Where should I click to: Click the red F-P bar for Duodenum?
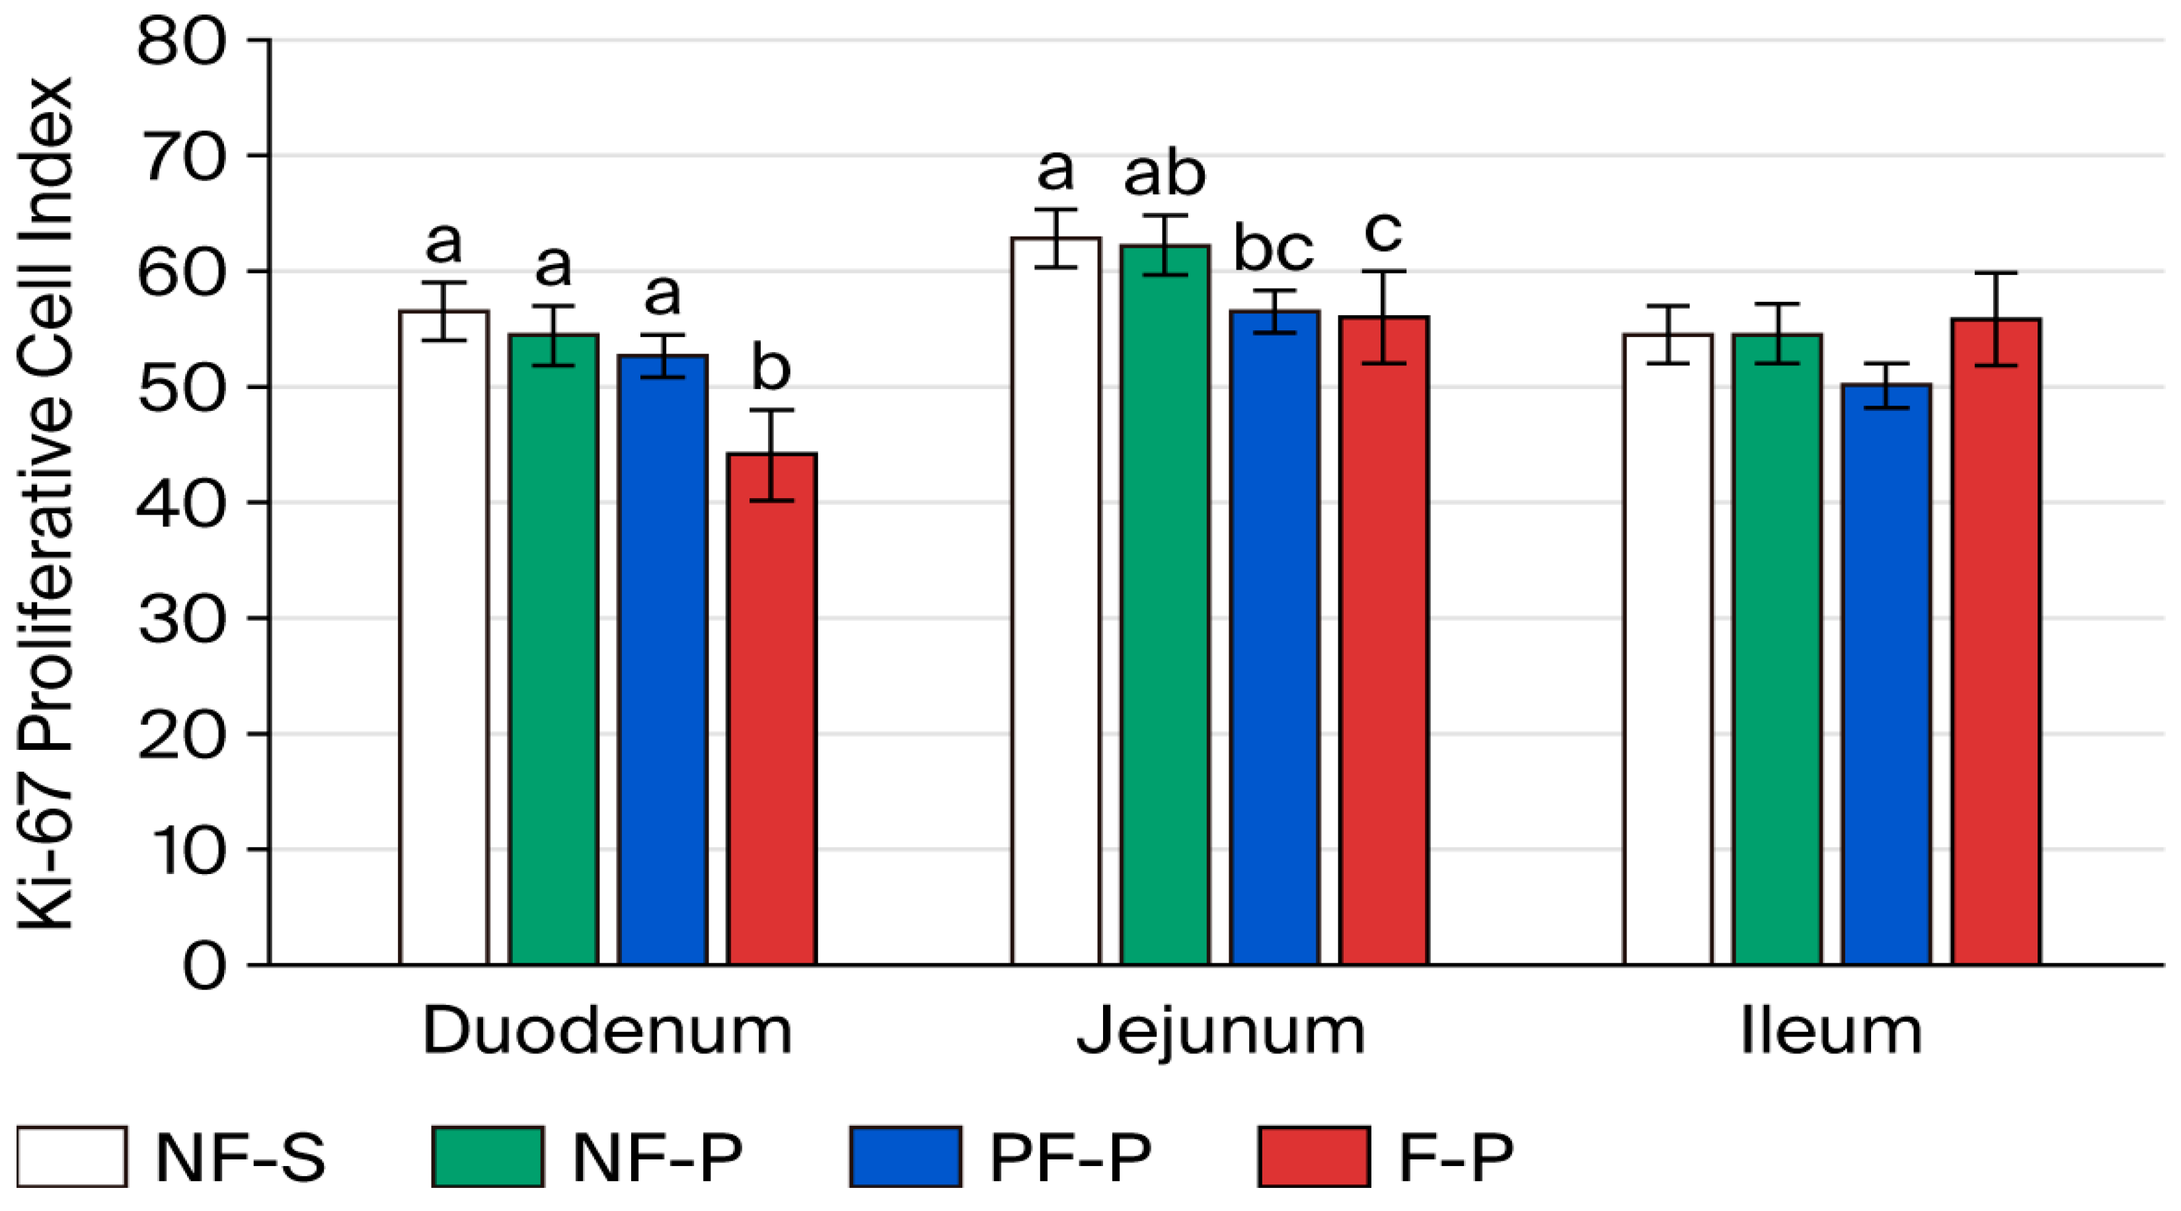pyautogui.click(x=772, y=709)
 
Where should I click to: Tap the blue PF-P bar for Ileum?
pyautogui.click(x=1886, y=675)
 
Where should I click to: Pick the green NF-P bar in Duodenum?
pyautogui.click(x=554, y=650)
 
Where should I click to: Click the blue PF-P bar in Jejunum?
pyautogui.click(x=1274, y=638)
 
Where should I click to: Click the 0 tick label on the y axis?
pyautogui.click(x=204, y=967)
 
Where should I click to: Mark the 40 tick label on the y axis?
pyautogui.click(x=181, y=503)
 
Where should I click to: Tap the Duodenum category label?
pyautogui.click(x=607, y=1031)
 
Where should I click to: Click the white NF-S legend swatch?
pyautogui.click(x=72, y=1156)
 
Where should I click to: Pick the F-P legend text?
pyautogui.click(x=1455, y=1156)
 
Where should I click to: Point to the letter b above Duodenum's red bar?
pyautogui.click(x=771, y=367)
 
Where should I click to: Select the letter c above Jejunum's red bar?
pyautogui.click(x=1383, y=232)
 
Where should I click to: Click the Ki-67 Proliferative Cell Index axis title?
pyautogui.click(x=46, y=503)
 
